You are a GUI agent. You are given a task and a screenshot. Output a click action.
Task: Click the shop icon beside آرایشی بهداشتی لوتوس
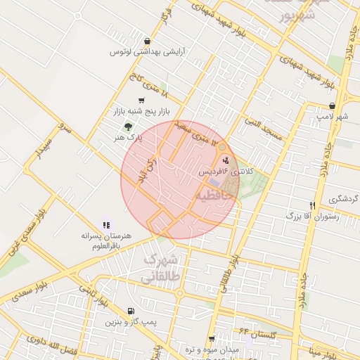pyautogui.click(x=146, y=41)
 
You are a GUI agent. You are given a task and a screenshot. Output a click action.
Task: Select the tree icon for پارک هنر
pyautogui.click(x=127, y=126)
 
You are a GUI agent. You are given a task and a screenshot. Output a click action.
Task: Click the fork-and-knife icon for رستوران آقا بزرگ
pyautogui.click(x=311, y=205)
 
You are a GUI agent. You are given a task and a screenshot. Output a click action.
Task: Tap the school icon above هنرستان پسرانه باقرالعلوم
pyautogui.click(x=106, y=225)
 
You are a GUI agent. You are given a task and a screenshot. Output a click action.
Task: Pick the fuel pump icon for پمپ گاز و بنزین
pyautogui.click(x=131, y=311)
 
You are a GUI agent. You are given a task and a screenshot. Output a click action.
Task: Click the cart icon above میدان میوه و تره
pyautogui.click(x=211, y=338)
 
